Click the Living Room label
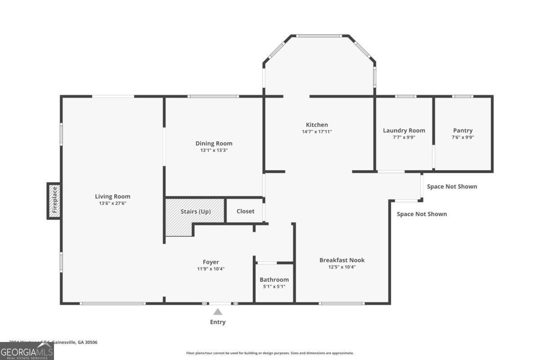pyautogui.click(x=112, y=196)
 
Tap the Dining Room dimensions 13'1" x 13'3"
pyautogui.click(x=214, y=150)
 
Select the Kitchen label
pyautogui.click(x=317, y=125)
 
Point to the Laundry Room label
pyautogui.click(x=404, y=130)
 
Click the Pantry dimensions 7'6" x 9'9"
pyautogui.click(x=463, y=137)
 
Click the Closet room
pyautogui.click(x=245, y=211)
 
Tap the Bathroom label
pyautogui.click(x=274, y=279)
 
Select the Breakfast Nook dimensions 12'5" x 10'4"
pyautogui.click(x=342, y=267)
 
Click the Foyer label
pyautogui.click(x=211, y=262)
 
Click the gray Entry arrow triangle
pyautogui.click(x=218, y=312)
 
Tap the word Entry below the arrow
pyautogui.click(x=218, y=322)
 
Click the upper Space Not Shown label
pyautogui.click(x=452, y=186)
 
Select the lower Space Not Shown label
pyautogui.click(x=422, y=214)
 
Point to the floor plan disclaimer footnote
pyautogui.click(x=270, y=353)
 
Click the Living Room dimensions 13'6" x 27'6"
pyautogui.click(x=112, y=203)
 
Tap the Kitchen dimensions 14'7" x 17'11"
pyautogui.click(x=317, y=131)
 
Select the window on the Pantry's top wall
pyautogui.click(x=462, y=96)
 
